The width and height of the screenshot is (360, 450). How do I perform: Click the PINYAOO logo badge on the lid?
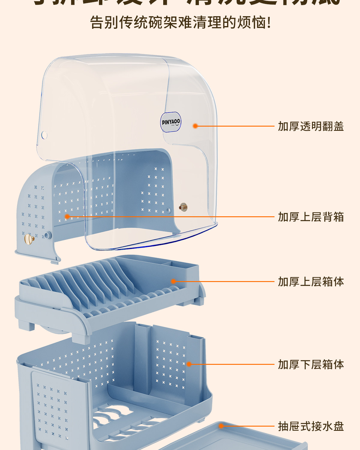point(171,122)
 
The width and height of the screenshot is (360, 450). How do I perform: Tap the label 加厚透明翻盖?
point(311,126)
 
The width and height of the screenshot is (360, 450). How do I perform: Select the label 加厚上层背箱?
point(311,217)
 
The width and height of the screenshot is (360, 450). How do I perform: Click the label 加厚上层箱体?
point(311,282)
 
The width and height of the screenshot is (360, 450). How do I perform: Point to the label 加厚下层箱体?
point(311,364)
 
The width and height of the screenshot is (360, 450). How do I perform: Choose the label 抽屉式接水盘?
point(311,426)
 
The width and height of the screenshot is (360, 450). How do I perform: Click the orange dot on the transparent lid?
point(195,126)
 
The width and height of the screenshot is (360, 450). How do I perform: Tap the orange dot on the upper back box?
point(67,217)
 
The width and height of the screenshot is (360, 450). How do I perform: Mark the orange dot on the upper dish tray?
point(173,281)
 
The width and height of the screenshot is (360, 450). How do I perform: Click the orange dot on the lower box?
point(189,364)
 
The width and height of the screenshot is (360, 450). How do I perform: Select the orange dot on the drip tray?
point(221,426)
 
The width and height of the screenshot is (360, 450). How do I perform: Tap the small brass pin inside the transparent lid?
point(183,207)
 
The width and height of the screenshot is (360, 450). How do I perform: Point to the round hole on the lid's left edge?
point(44,135)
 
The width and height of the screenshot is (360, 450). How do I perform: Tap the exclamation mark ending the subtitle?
point(269,22)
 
